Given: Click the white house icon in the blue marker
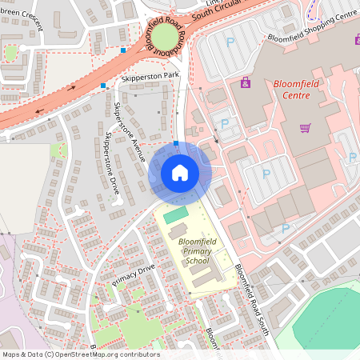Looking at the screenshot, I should point(179,172).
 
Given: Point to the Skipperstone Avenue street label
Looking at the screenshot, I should point(131,131).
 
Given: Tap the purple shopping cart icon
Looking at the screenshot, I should point(305,128).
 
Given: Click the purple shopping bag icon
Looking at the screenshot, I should point(245,82).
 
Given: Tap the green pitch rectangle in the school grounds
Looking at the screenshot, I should point(175,214).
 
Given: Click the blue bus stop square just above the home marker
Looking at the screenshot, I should point(176,143).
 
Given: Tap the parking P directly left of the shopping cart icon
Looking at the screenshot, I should point(266,173).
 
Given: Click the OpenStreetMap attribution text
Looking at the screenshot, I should point(80,354).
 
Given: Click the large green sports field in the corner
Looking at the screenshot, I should point(328,324).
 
